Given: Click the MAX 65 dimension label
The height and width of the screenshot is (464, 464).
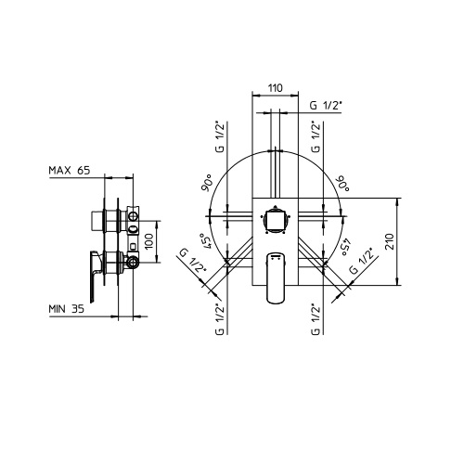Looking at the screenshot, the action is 70,170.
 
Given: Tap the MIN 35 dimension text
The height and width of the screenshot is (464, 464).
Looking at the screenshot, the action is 66,309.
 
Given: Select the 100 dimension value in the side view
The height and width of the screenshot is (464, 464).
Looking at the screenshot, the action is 149,241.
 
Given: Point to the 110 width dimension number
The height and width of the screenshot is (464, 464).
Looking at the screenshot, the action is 275,88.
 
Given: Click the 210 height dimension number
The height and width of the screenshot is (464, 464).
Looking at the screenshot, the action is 390,242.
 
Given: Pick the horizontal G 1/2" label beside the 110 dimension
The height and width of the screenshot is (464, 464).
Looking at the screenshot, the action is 326,106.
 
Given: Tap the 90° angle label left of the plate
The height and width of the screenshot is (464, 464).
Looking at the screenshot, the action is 208,183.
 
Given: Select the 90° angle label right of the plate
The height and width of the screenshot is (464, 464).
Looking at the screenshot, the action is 343,184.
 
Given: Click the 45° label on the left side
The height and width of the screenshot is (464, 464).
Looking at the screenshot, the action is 206,240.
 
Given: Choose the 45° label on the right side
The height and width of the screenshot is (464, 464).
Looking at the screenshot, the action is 345,246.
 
